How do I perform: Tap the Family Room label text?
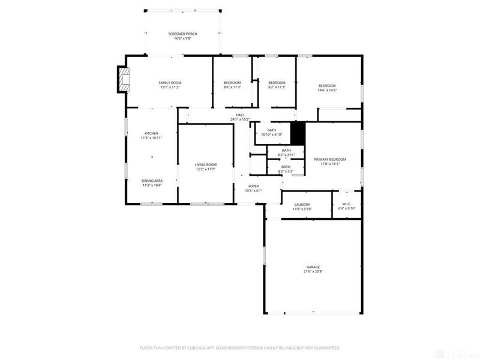(x=170, y=83)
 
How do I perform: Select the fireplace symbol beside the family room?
(x=124, y=79)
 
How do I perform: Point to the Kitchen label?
(x=151, y=133)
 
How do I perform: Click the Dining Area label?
(x=152, y=181)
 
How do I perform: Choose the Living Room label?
(x=205, y=164)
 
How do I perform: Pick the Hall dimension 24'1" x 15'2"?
(x=240, y=119)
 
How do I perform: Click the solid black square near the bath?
(x=298, y=131)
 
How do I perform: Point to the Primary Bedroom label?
(x=330, y=159)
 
